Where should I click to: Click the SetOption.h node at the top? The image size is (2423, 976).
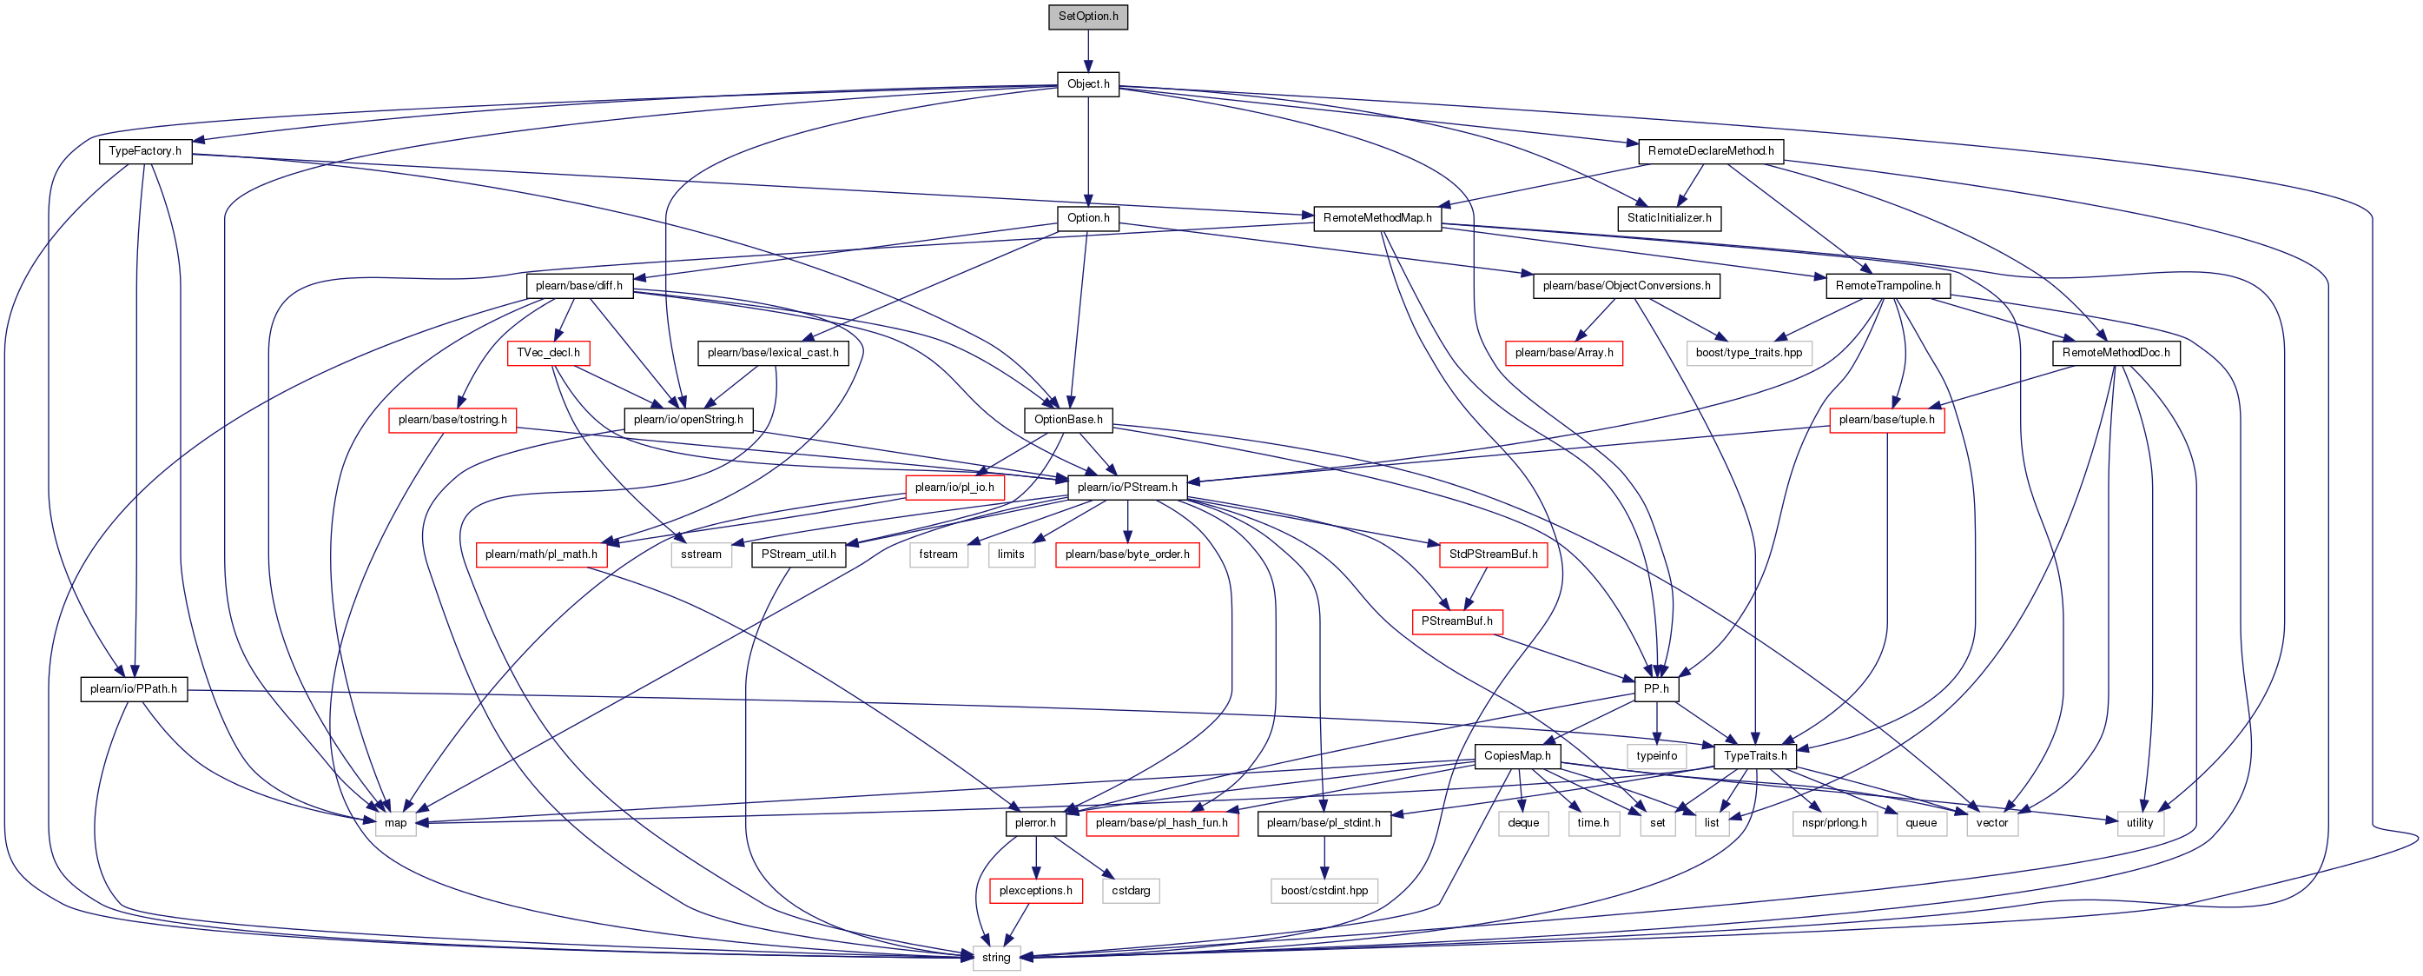click(1088, 16)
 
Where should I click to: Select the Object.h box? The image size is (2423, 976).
click(1088, 83)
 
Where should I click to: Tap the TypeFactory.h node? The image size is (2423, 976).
click(145, 150)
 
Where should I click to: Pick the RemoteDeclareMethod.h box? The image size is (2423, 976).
click(1711, 150)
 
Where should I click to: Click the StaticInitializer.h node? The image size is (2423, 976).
click(1669, 217)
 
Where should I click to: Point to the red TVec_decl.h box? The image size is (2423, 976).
click(548, 353)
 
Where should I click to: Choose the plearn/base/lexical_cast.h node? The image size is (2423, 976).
click(773, 353)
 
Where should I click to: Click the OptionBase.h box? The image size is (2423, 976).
click(1068, 420)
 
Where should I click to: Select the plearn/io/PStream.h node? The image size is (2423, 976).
click(1128, 487)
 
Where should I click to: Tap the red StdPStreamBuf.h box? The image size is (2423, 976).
click(1494, 554)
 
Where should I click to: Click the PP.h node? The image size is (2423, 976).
click(1656, 688)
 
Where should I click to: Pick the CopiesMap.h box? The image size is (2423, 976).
click(1517, 756)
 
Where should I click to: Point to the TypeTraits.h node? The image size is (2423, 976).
click(1755, 756)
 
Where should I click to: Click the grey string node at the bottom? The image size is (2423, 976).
click(996, 957)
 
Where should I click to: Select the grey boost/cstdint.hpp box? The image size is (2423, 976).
click(1324, 890)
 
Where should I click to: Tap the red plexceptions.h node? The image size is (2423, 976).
click(1035, 890)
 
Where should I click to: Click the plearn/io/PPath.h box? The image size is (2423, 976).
click(134, 688)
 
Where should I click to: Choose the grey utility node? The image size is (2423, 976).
click(2140, 822)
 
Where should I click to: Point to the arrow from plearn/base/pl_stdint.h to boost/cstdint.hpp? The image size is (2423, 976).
click(1324, 856)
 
